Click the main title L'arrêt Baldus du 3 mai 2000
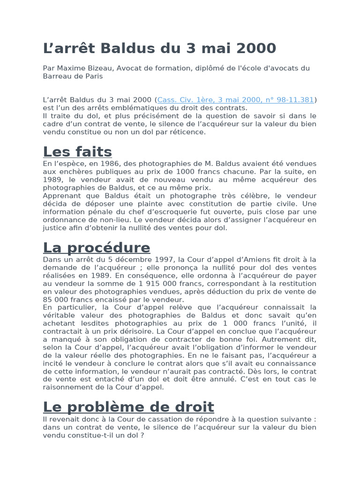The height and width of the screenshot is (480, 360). (159, 48)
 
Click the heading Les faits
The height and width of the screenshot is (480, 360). (77, 152)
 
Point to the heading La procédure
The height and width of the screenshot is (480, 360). (97, 247)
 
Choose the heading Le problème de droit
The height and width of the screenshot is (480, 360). (128, 406)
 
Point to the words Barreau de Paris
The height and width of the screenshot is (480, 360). (73, 76)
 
